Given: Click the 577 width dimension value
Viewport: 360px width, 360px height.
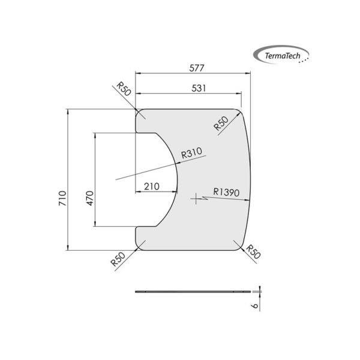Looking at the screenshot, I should coord(193,68).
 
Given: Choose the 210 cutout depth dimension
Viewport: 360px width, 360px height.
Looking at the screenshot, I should coord(152,187).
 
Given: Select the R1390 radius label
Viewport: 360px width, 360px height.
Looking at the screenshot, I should coord(226,193).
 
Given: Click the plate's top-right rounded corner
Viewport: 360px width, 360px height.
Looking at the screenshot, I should coord(239,112).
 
